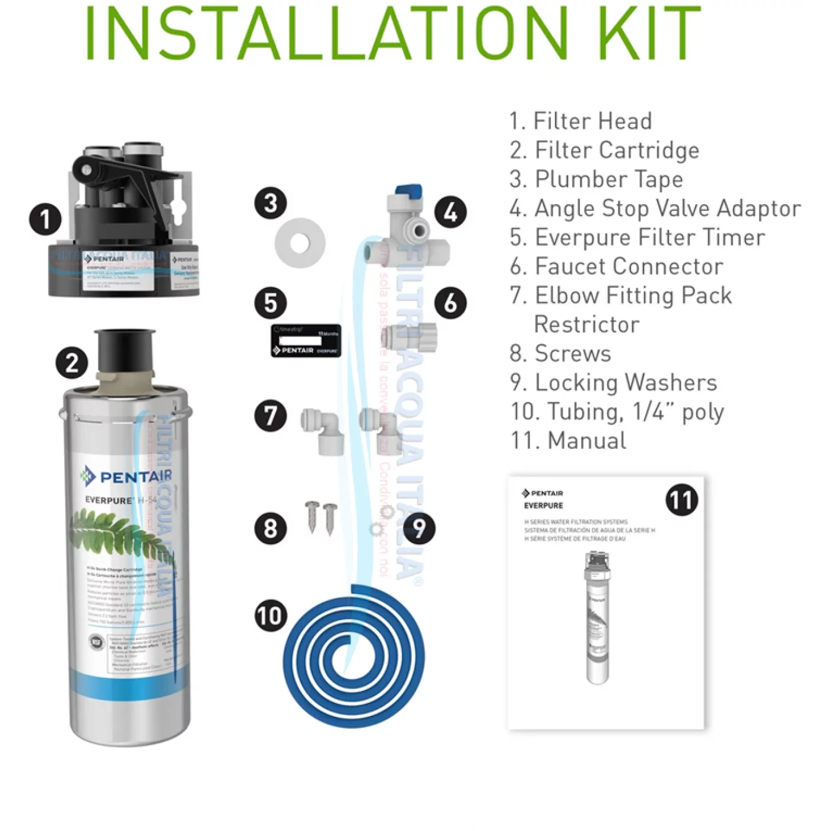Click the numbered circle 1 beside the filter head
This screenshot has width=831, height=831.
[x=45, y=219]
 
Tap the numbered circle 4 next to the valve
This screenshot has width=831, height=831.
[x=451, y=212]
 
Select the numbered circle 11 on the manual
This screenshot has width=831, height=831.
[x=681, y=500]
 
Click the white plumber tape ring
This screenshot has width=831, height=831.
[x=300, y=243]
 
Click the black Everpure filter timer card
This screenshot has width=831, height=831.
[x=306, y=341]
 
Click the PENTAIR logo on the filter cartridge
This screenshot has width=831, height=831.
[x=126, y=476]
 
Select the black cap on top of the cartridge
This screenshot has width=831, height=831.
[x=125, y=350]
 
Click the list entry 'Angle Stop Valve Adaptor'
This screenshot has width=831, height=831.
[x=655, y=208]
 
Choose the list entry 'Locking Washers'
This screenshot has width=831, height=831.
[x=614, y=383]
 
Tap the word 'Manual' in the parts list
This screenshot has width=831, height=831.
[x=586, y=440]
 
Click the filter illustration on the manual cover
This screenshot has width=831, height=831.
[x=598, y=617]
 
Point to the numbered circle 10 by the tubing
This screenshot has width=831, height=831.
[x=271, y=616]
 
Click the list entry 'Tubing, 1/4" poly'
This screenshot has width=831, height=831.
[x=617, y=412]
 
